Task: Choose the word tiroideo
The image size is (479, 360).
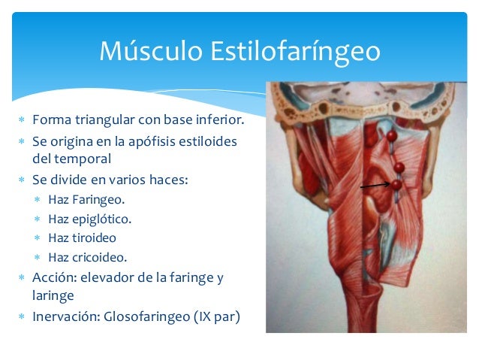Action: pyautogui.click(x=95, y=238)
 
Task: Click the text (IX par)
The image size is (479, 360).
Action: pyautogui.click(x=218, y=316)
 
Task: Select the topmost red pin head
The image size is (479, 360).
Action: pyautogui.click(x=391, y=136)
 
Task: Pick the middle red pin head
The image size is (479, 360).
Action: pyautogui.click(x=399, y=167)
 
